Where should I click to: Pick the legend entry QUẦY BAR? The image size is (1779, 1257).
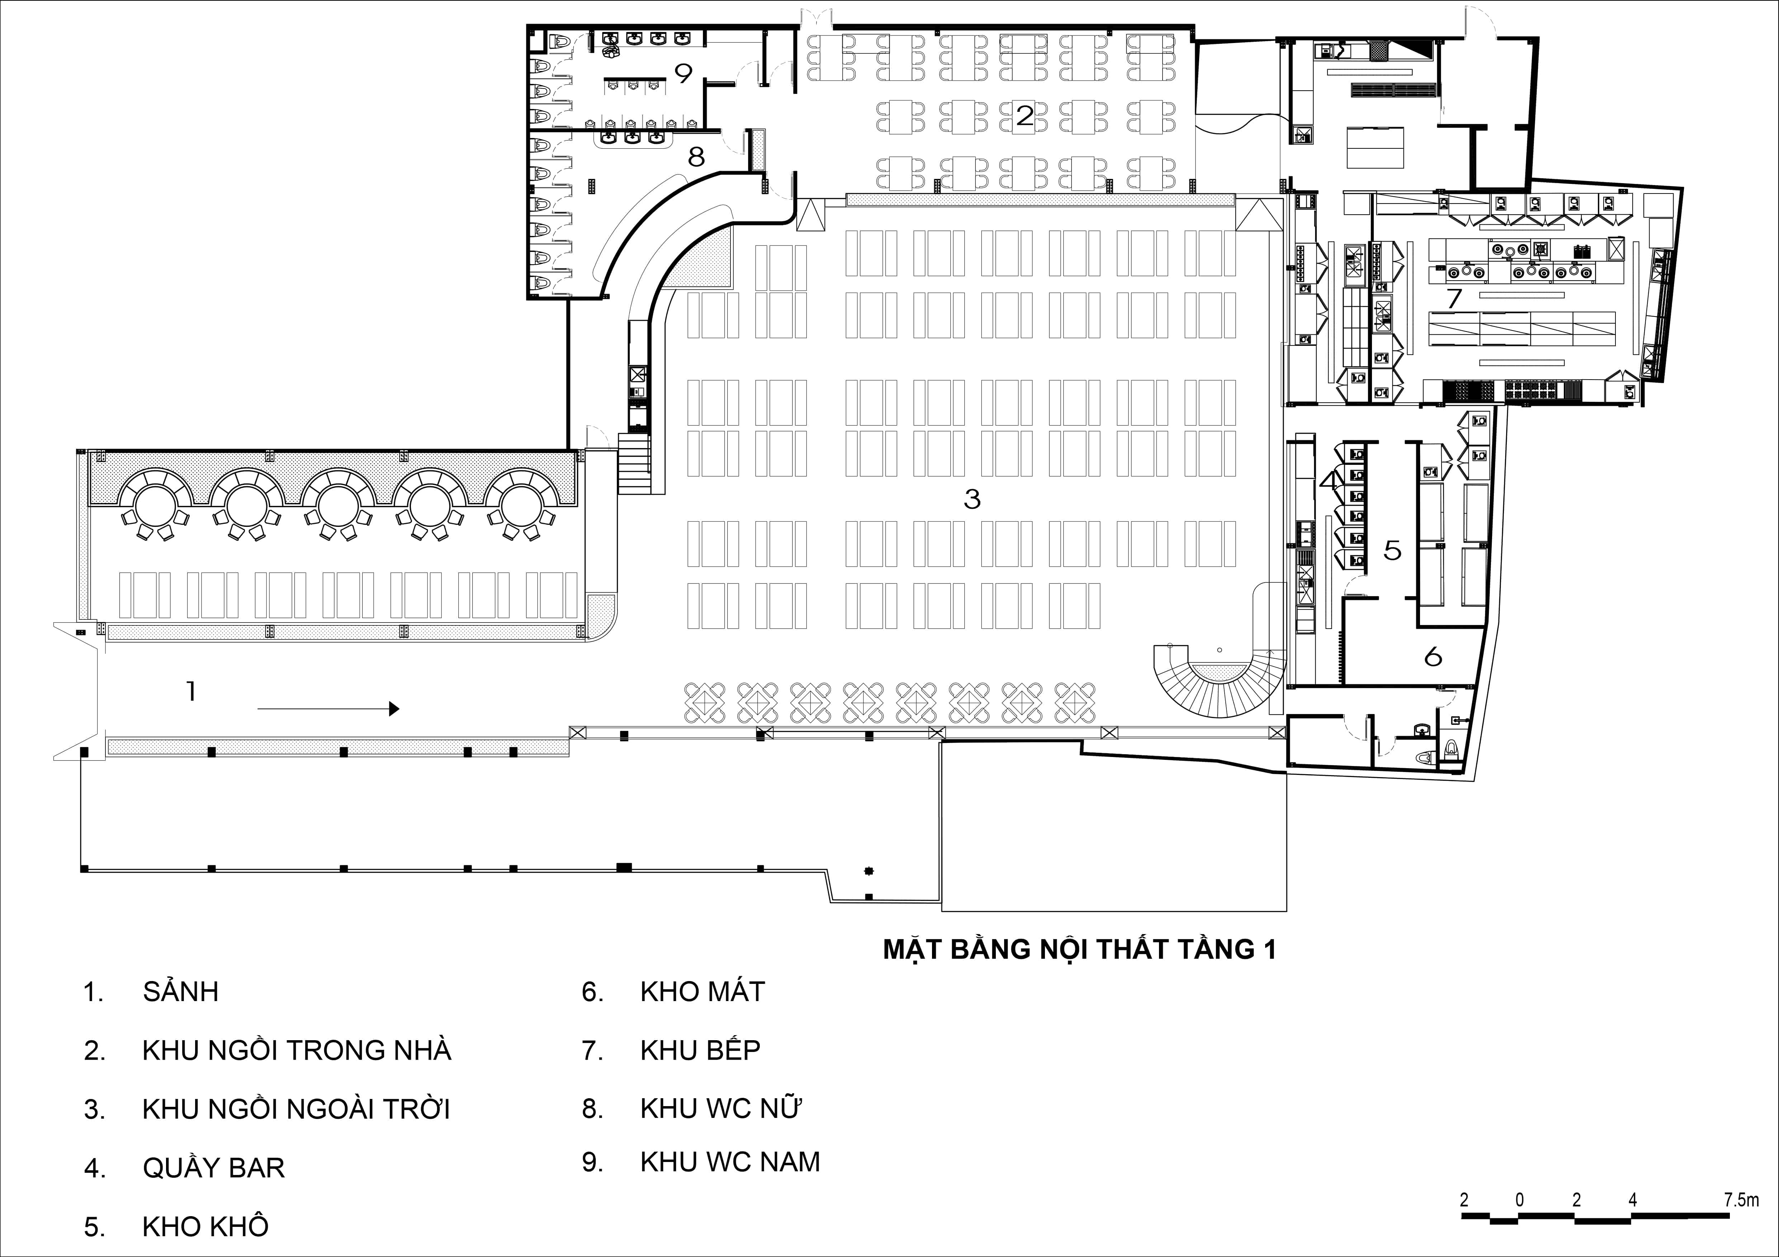tap(214, 1168)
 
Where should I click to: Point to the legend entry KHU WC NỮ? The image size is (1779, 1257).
tap(720, 1109)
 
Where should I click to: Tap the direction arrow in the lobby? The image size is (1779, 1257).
tap(328, 708)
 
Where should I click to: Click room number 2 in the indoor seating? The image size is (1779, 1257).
tap(1024, 116)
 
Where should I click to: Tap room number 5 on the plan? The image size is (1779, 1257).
tap(1392, 550)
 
